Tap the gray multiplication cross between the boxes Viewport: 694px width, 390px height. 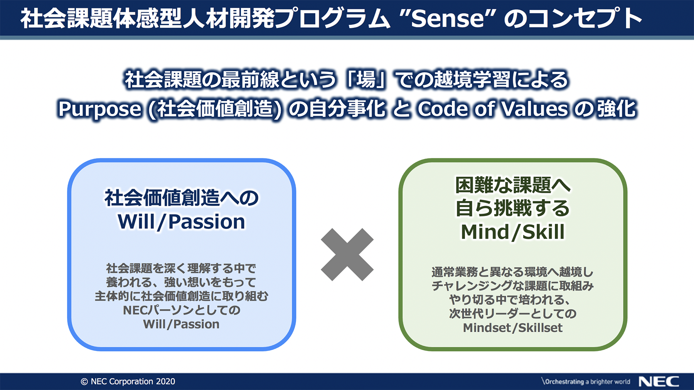[x=347, y=255]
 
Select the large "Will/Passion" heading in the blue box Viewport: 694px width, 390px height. [x=181, y=222]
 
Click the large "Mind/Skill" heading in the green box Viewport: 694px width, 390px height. [x=513, y=232]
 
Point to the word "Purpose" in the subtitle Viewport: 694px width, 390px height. [x=99, y=109]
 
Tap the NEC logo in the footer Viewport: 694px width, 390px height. [x=659, y=382]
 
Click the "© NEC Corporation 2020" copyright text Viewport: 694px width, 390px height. [x=128, y=382]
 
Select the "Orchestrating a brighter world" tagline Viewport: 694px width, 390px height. [x=586, y=382]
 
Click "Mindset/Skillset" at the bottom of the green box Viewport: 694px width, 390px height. [x=513, y=328]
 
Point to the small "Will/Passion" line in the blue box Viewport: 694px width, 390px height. [x=181, y=324]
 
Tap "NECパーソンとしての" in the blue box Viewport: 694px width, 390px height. [x=182, y=310]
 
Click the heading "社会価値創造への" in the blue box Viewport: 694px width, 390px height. [x=182, y=198]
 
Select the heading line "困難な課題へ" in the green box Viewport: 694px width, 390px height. [x=513, y=185]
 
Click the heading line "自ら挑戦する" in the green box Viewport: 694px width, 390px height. [x=513, y=208]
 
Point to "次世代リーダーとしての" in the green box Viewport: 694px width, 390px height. [x=513, y=313]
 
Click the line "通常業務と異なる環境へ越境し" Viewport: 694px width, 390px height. [x=513, y=272]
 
